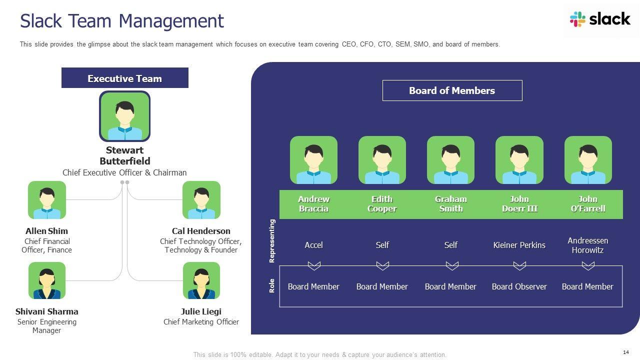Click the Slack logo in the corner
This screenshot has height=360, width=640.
pyautogui.click(x=599, y=19)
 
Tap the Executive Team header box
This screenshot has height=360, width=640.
pyautogui.click(x=124, y=78)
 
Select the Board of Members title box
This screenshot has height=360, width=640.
pyautogui.click(x=452, y=90)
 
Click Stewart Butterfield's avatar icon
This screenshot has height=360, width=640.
pyautogui.click(x=124, y=116)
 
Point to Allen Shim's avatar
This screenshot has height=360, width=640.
pyautogui.click(x=47, y=200)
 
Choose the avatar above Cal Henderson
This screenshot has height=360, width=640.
pyautogui.click(x=201, y=200)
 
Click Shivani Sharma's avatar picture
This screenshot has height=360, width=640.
pyautogui.click(x=47, y=281)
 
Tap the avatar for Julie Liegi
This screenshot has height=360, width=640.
pyautogui.click(x=201, y=281)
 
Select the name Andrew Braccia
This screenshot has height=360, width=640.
pyautogui.click(x=313, y=204)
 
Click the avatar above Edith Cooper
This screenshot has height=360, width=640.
pyautogui.click(x=382, y=160)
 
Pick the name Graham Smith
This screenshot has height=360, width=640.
pyautogui.click(x=450, y=204)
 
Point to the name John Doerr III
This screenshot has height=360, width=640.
pyautogui.click(x=519, y=204)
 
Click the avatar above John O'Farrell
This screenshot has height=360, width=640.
pyautogui.click(x=588, y=160)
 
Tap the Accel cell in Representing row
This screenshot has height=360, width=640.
pyautogui.click(x=313, y=245)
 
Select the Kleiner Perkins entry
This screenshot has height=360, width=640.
pyautogui.click(x=519, y=245)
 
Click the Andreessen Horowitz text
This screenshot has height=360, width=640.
pyautogui.click(x=588, y=245)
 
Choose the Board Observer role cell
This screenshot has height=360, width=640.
pyautogui.click(x=519, y=286)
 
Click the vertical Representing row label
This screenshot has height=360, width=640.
pyautogui.click(x=272, y=241)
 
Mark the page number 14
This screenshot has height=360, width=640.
pyautogui.click(x=626, y=352)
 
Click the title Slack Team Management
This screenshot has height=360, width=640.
pyautogui.click(x=122, y=21)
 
